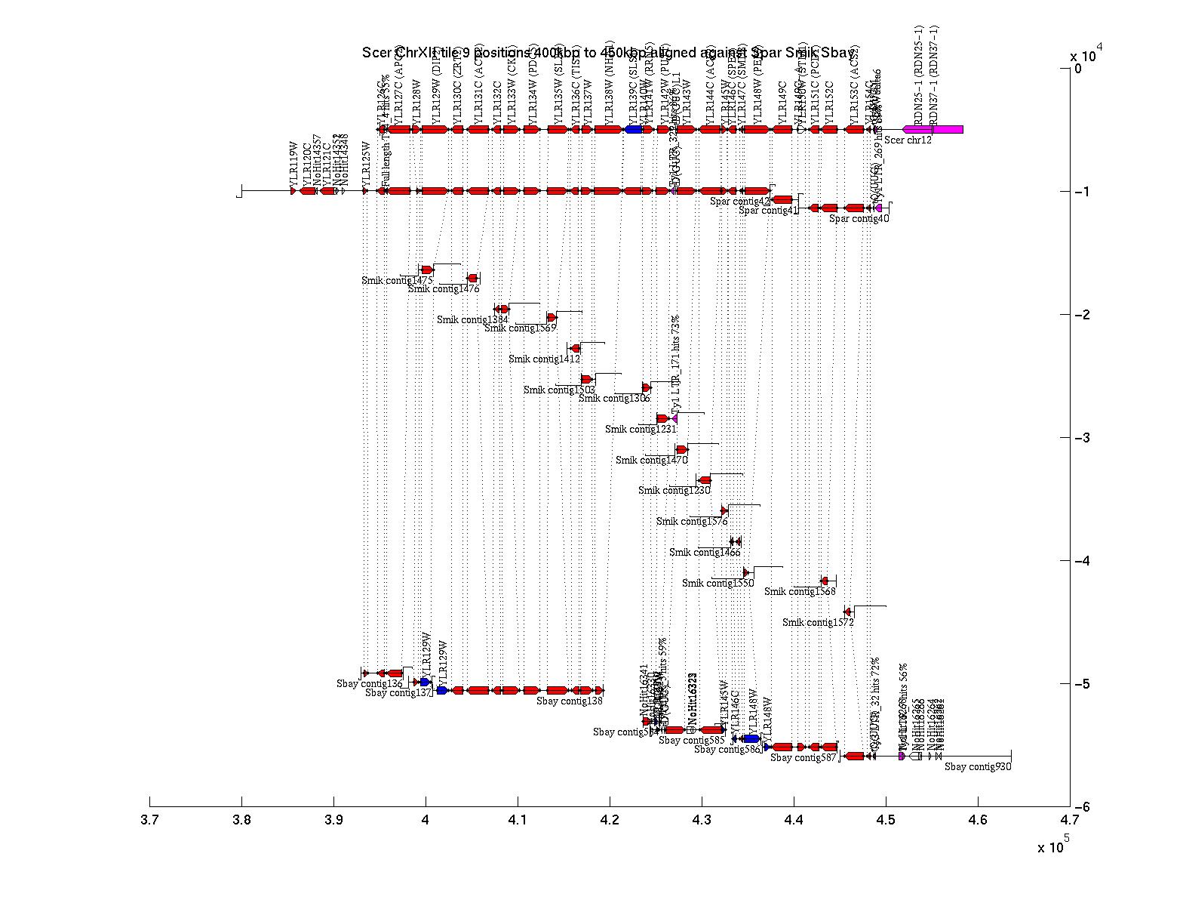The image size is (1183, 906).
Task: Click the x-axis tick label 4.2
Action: [x=610, y=821]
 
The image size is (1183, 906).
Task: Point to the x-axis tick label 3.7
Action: [x=149, y=821]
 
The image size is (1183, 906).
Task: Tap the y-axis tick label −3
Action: [x=1083, y=438]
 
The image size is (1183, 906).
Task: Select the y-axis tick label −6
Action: [x=1083, y=807]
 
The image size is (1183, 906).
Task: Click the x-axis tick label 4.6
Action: [x=978, y=821]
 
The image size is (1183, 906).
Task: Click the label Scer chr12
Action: [x=908, y=140]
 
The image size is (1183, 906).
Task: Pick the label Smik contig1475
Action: [x=393, y=281]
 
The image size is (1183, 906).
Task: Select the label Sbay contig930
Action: [x=978, y=767]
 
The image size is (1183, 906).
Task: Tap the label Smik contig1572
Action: [x=818, y=623]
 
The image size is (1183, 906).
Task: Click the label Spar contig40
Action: [x=859, y=219]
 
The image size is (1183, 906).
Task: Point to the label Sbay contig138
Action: [x=570, y=701]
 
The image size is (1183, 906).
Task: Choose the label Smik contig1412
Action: [x=544, y=359]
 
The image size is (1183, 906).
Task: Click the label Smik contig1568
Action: [x=800, y=592]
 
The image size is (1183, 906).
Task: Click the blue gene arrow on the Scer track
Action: [x=633, y=130]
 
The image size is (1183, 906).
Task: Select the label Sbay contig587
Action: [x=804, y=758]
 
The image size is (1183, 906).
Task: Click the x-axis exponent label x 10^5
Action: [x=1053, y=846]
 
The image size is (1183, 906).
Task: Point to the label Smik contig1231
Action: [x=641, y=430]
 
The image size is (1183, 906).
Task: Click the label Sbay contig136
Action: [x=370, y=684]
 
